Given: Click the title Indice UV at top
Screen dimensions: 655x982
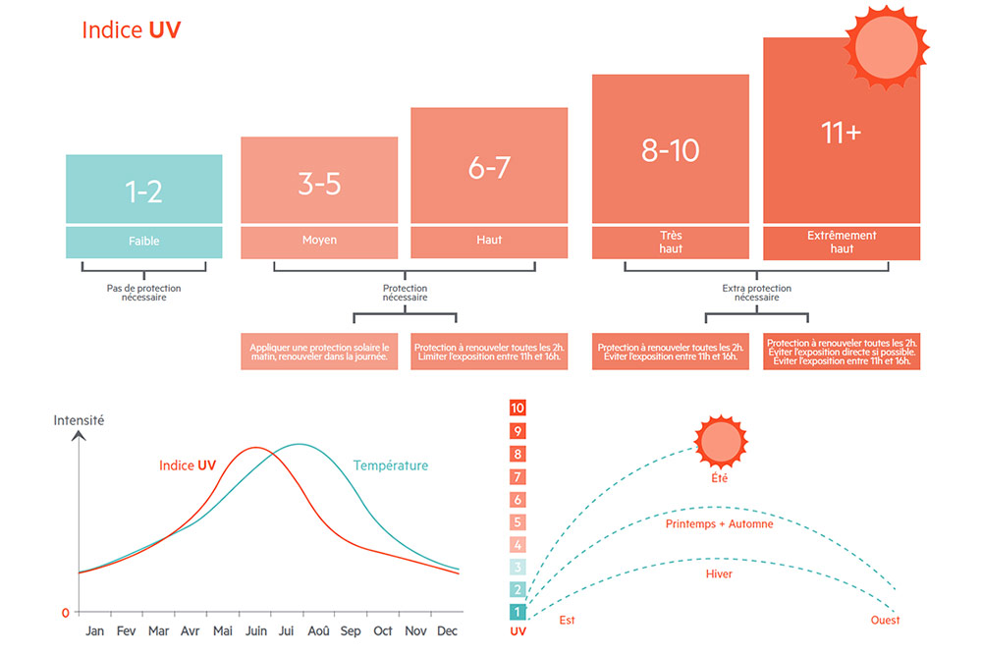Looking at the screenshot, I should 132,30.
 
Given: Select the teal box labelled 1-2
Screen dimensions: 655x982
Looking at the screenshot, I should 143,190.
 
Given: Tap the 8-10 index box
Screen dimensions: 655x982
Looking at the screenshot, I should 670,149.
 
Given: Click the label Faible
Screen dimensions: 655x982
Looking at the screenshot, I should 143,242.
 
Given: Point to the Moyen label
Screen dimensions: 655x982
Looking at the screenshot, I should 319,241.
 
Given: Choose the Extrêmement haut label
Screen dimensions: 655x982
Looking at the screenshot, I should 842,243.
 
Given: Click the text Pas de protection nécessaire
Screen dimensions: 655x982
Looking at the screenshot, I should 143,293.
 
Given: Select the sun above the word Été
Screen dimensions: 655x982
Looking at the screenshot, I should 722,441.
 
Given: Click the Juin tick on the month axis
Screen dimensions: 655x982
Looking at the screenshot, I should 256,630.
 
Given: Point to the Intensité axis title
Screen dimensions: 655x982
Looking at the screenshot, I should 79,420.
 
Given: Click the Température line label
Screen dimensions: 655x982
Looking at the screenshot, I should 391,465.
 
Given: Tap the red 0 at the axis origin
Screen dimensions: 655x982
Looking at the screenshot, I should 66,613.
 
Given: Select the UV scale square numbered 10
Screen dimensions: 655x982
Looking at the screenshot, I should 518,409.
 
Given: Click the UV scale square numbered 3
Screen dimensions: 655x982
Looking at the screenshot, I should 518,567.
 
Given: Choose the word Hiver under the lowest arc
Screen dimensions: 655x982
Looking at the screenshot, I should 719,574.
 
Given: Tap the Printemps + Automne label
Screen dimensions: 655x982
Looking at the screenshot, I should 719,524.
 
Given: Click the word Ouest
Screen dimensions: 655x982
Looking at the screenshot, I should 885,621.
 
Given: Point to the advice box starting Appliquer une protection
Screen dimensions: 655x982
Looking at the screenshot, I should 319,353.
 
